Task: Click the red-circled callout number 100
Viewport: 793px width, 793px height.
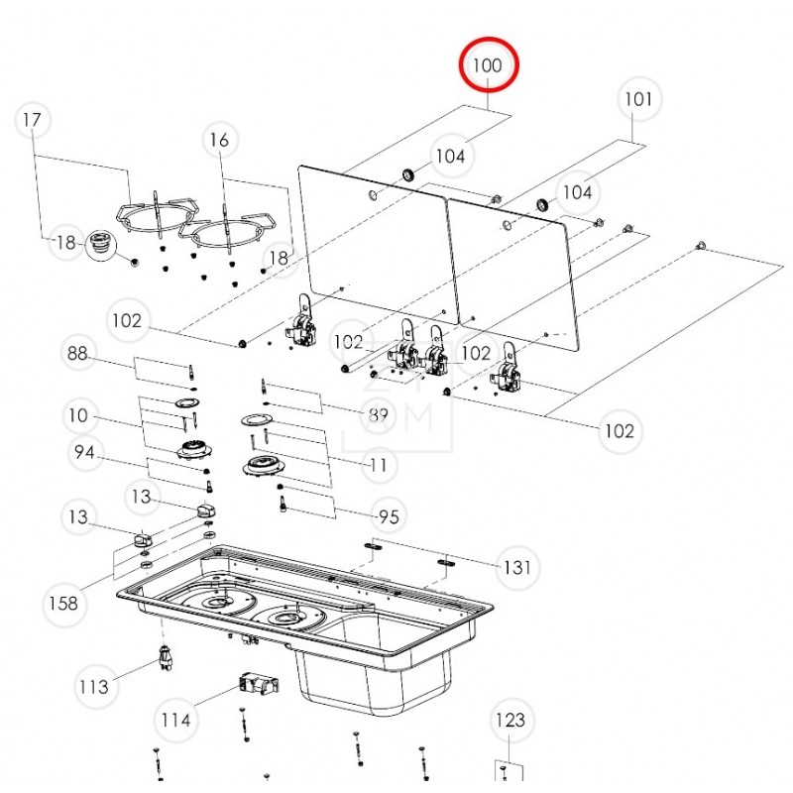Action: click(x=488, y=65)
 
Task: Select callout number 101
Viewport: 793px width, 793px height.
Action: click(x=637, y=99)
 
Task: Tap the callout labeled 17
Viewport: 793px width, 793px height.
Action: click(x=33, y=120)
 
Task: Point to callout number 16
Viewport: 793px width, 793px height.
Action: click(x=219, y=141)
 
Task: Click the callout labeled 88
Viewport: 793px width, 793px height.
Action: click(x=78, y=354)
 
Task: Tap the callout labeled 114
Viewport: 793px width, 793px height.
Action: click(x=176, y=720)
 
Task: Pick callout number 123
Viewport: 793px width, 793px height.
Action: click(x=510, y=720)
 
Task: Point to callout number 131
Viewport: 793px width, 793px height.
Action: click(x=515, y=568)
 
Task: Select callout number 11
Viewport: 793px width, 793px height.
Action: click(x=378, y=464)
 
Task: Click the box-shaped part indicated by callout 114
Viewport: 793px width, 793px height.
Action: click(x=257, y=685)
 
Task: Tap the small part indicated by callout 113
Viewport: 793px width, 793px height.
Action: click(x=164, y=655)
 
